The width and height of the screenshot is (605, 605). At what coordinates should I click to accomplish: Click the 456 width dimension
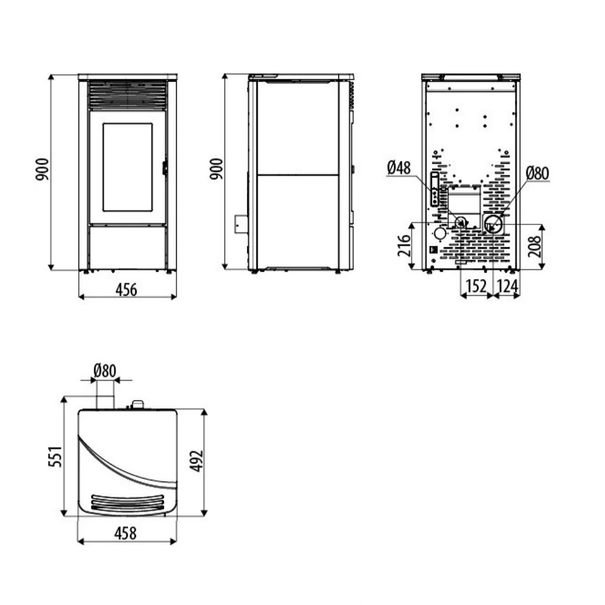(x=126, y=289)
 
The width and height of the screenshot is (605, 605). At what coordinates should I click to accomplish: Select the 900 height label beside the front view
(x=42, y=169)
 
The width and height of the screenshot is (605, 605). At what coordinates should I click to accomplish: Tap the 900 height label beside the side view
(x=217, y=169)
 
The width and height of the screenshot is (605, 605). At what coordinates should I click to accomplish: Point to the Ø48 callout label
(x=399, y=168)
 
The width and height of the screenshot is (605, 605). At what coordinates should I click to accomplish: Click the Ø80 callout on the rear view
(x=537, y=173)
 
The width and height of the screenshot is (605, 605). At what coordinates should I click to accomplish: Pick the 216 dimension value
(x=404, y=246)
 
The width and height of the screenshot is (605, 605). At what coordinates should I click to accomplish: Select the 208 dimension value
(x=535, y=247)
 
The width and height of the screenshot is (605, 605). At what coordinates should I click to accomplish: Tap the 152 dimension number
(x=477, y=286)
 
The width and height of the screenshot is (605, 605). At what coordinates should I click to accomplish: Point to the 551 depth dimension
(x=55, y=456)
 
